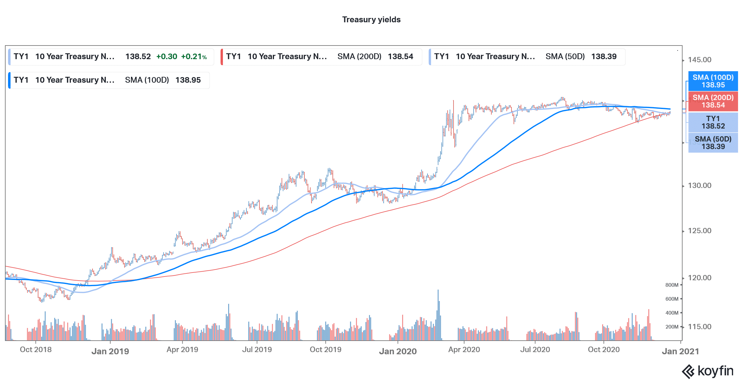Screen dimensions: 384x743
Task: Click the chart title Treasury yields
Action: pos(371,20)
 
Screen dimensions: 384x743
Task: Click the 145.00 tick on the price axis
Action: pos(699,60)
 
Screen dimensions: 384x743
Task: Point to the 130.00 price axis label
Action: pos(699,185)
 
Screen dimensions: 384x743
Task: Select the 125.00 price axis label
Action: pos(699,231)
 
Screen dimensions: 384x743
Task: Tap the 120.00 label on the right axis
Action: pos(699,278)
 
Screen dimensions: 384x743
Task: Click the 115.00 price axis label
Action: pos(699,327)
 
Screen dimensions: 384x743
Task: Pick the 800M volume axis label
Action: pos(671,285)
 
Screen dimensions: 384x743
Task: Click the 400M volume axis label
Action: pos(671,313)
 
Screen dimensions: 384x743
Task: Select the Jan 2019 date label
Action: pos(110,351)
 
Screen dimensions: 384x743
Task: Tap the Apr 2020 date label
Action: pos(464,350)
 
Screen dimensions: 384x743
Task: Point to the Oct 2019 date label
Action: pos(325,350)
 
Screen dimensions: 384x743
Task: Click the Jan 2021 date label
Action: pos(680,351)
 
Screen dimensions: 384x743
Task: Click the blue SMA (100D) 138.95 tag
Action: pos(713,81)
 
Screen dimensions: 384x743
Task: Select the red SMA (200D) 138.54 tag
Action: pos(713,101)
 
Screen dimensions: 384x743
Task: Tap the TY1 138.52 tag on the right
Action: pos(713,122)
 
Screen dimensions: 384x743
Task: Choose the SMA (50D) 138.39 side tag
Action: pos(713,143)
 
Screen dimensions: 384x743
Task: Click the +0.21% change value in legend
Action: pos(194,57)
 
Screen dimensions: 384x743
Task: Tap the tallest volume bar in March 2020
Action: pos(438,314)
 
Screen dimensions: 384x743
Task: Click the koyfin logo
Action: pos(708,371)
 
